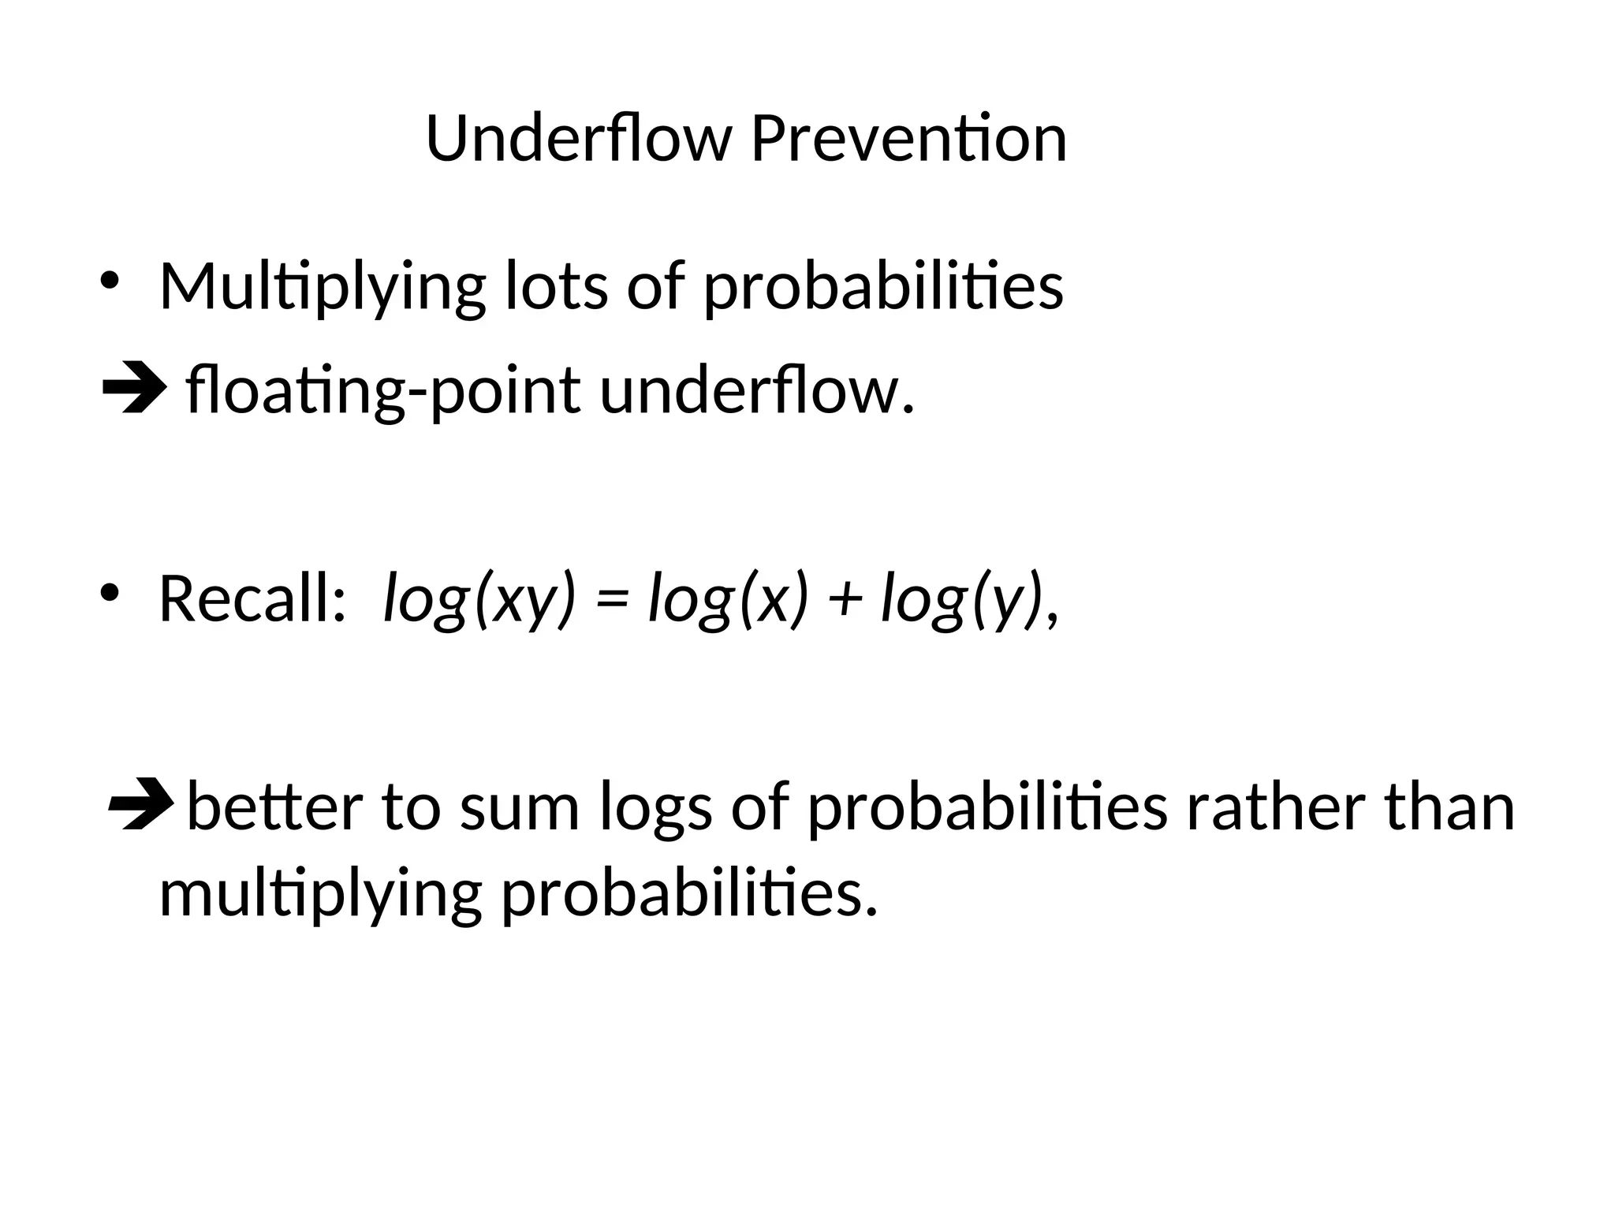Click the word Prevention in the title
coord(908,139)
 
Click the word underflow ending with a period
coord(757,392)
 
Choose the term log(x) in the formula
coord(728,599)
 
